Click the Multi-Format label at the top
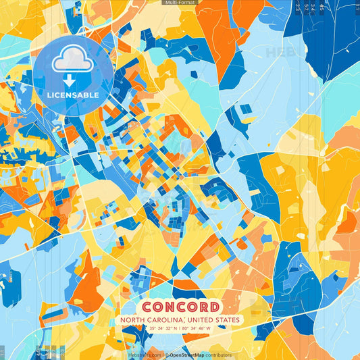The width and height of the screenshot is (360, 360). pos(180,3)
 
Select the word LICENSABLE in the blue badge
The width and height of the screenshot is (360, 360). pos(72,95)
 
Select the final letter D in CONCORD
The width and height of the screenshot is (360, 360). pos(213,307)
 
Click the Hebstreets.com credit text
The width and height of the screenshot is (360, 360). pos(145,355)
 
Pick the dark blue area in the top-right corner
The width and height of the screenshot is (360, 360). pos(324,34)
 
